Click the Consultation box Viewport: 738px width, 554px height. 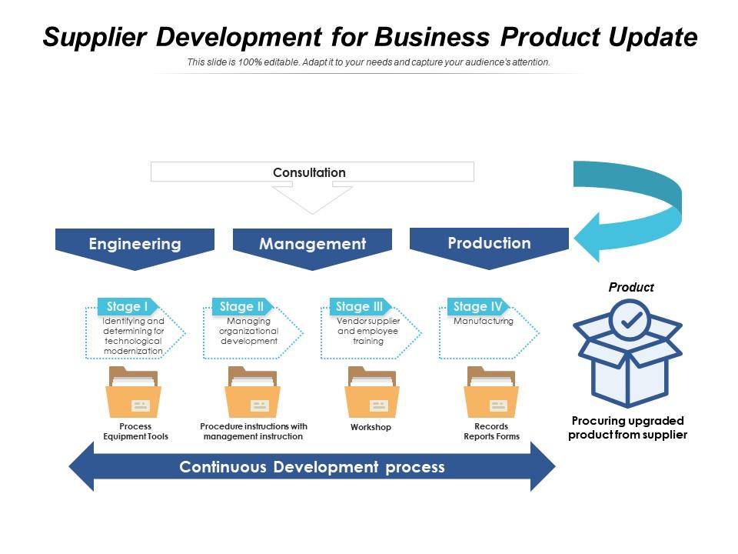(312, 172)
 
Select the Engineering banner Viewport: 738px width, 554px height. (135, 245)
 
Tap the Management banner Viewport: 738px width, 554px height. (312, 245)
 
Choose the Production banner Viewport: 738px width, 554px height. (489, 244)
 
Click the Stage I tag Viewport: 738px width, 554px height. (127, 306)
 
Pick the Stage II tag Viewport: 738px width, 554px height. (241, 306)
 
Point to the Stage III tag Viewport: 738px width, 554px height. (359, 306)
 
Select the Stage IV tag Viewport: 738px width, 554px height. (477, 306)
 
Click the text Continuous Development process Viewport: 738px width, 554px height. (312, 467)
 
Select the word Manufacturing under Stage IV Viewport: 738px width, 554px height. (484, 321)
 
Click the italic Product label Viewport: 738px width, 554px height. (631, 287)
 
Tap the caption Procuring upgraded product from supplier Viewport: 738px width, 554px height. (627, 428)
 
